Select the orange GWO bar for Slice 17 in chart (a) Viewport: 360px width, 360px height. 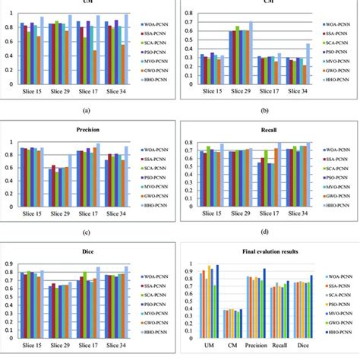(x=95, y=67)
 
